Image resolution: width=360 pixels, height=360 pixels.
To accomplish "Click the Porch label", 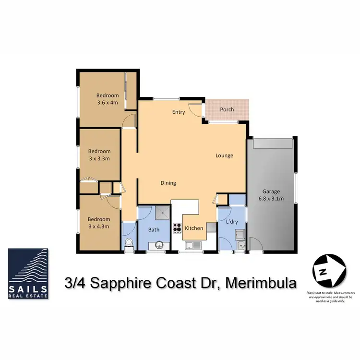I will click(227, 109).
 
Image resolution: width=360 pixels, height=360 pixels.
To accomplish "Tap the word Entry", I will click(179, 112).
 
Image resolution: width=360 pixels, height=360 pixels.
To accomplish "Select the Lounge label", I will click(224, 156).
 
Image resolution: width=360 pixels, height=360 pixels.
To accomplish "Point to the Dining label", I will click(168, 183).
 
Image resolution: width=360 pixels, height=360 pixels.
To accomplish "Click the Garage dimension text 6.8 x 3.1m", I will click(271, 198).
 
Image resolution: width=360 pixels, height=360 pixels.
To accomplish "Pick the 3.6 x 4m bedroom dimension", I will click(107, 102).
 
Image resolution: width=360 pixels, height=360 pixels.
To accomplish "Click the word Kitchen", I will click(194, 228).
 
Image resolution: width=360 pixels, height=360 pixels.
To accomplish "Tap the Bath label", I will click(154, 229).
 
